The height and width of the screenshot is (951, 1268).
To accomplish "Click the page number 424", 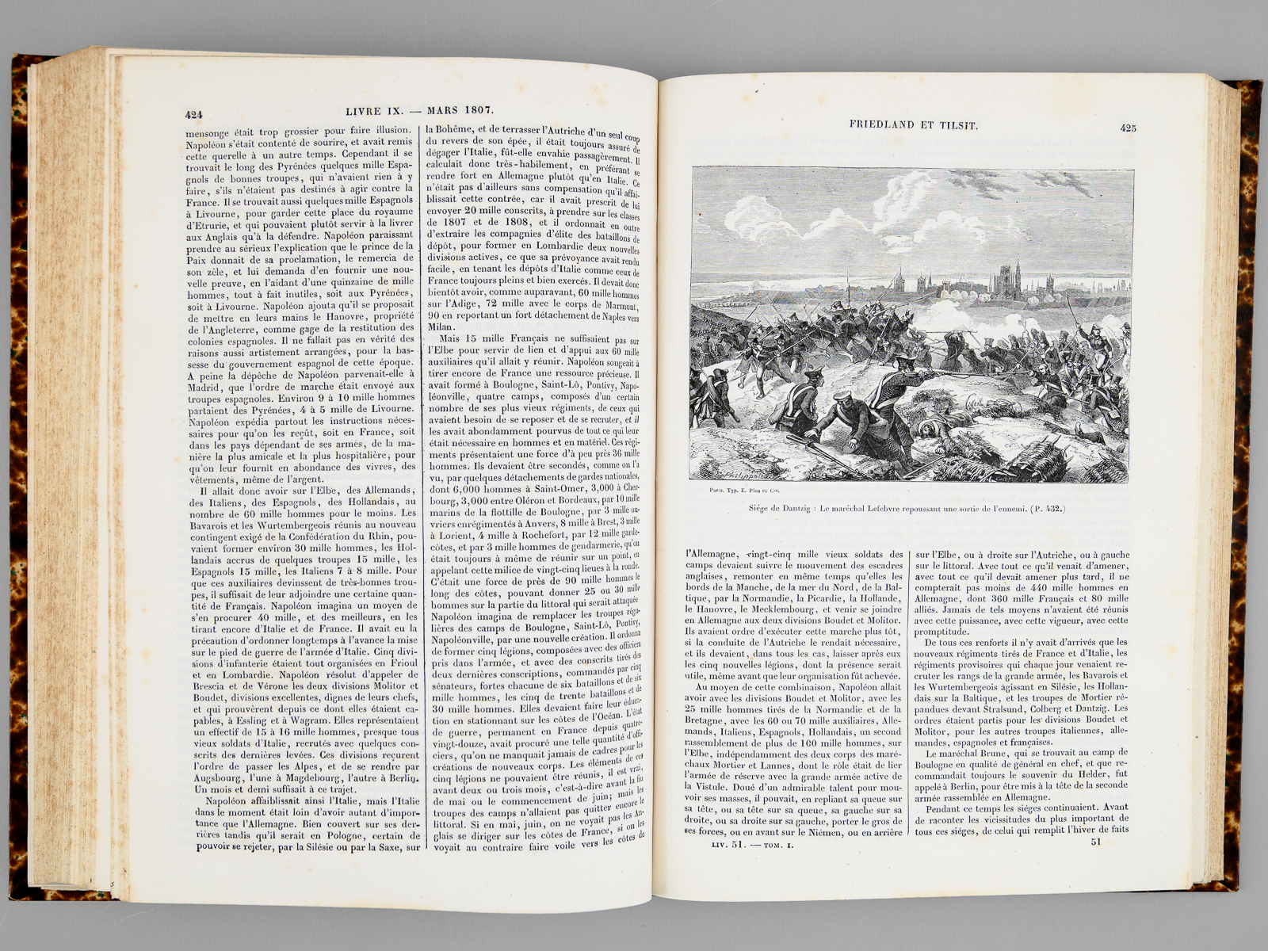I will (x=194, y=114).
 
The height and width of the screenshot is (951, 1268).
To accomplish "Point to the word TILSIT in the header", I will (x=958, y=124).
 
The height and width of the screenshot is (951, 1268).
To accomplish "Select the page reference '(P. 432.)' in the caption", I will (x=1048, y=509).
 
